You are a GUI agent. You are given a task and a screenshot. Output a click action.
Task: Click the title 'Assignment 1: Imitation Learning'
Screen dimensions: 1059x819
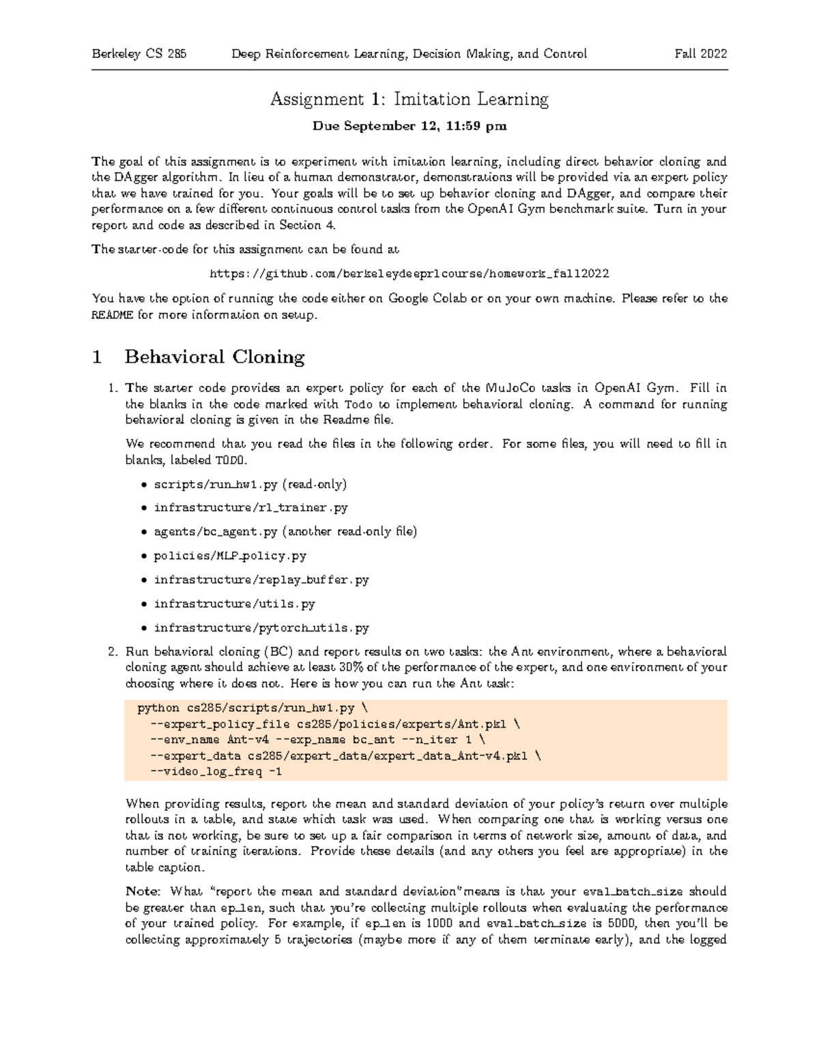[x=409, y=100]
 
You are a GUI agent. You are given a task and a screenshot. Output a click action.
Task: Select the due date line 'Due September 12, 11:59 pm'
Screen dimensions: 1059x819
[x=409, y=126]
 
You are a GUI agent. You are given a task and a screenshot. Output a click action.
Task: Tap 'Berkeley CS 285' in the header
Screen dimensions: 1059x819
[x=139, y=54]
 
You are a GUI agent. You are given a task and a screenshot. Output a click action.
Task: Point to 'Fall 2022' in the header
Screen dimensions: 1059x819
[x=700, y=54]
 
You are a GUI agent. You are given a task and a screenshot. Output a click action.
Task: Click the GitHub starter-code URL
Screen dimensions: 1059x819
[x=409, y=273]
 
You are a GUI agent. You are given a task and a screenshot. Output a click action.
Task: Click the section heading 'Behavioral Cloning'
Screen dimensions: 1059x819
[x=214, y=357]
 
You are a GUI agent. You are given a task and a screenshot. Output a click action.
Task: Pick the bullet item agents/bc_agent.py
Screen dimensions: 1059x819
[x=285, y=532]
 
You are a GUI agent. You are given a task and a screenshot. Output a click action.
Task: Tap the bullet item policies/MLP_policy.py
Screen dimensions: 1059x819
[x=230, y=556]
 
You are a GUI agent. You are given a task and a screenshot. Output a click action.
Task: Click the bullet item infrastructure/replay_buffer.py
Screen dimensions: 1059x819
[x=261, y=580]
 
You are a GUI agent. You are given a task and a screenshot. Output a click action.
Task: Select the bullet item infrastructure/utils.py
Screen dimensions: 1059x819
[x=234, y=603]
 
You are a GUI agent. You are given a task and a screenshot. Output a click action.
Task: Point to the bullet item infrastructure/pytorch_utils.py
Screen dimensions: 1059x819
[x=261, y=628]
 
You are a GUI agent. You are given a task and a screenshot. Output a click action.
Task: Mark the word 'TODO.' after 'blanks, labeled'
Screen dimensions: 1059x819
[x=230, y=460]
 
